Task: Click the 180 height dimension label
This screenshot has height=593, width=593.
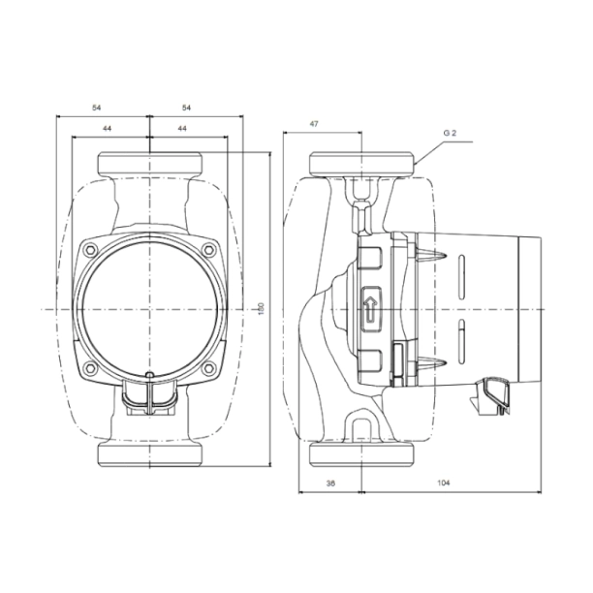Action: [261, 309]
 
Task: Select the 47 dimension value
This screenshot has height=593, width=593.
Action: [314, 124]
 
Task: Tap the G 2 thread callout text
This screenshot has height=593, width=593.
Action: [450, 133]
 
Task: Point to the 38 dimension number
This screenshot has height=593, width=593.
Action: [330, 483]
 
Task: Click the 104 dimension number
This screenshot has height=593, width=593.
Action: [444, 483]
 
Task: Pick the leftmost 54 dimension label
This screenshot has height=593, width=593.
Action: [97, 108]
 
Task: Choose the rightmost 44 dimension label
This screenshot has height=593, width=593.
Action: [182, 129]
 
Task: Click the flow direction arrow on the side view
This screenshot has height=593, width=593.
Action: [370, 308]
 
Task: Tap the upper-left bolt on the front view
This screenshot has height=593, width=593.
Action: [90, 250]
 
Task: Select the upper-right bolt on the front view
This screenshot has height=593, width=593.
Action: [208, 250]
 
